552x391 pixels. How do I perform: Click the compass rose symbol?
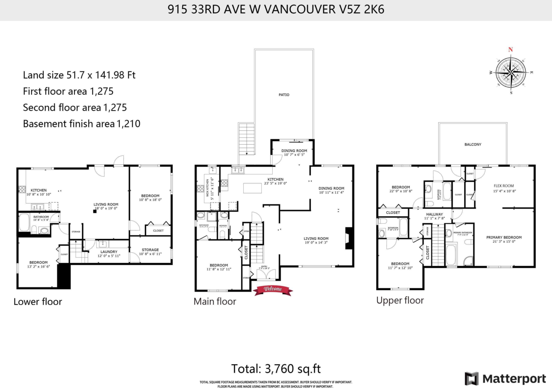511,71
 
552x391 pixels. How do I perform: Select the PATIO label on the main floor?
284,95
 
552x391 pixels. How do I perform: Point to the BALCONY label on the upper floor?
472,144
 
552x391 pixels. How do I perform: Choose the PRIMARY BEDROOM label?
504,238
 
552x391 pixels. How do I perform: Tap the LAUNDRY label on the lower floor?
109,251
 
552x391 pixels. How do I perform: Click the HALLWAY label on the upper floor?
434,215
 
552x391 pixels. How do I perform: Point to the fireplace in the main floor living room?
350,238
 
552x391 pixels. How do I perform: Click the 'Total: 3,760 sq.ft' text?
276,368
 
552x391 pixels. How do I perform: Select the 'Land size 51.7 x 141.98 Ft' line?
79,75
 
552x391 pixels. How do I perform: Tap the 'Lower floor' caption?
37,302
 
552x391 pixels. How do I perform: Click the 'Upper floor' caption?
400,300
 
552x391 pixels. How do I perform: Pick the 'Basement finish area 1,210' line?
81,123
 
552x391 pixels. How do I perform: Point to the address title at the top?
276,10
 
